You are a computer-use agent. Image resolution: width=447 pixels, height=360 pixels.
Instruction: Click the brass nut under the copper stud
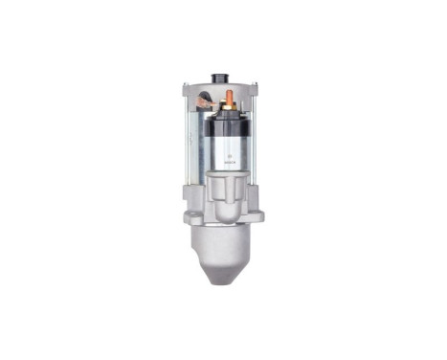pos(228,105)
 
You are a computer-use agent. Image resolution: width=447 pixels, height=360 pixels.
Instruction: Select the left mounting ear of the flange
pos(190,213)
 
